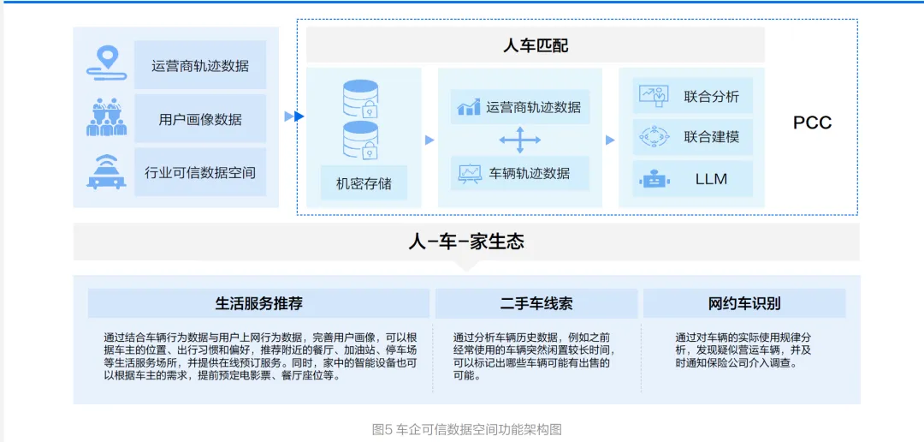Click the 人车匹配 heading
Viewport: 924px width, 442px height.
coord(535,45)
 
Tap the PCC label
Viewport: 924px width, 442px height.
coord(812,122)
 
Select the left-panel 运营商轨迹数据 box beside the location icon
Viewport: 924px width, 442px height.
coord(200,65)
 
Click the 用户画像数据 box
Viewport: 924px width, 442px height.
coord(200,119)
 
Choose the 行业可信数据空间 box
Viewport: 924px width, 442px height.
coord(200,172)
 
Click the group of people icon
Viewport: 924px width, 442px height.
coord(107,117)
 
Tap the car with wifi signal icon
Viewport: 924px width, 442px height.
coord(107,171)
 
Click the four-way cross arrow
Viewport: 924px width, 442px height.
coord(521,140)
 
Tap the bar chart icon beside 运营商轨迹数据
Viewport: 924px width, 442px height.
coord(469,107)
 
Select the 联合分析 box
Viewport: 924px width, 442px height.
coord(694,96)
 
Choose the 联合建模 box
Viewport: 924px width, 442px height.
coord(694,137)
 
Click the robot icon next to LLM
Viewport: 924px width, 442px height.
coord(654,179)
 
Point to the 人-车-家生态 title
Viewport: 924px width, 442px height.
coord(466,242)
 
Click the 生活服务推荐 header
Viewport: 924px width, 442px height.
coord(258,303)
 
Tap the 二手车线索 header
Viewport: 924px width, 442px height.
coord(536,303)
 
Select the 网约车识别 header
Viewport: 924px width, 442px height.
coord(744,303)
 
